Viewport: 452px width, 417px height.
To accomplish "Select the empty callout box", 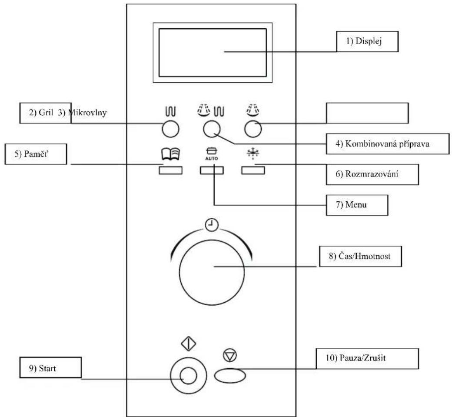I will pos(367,113).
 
